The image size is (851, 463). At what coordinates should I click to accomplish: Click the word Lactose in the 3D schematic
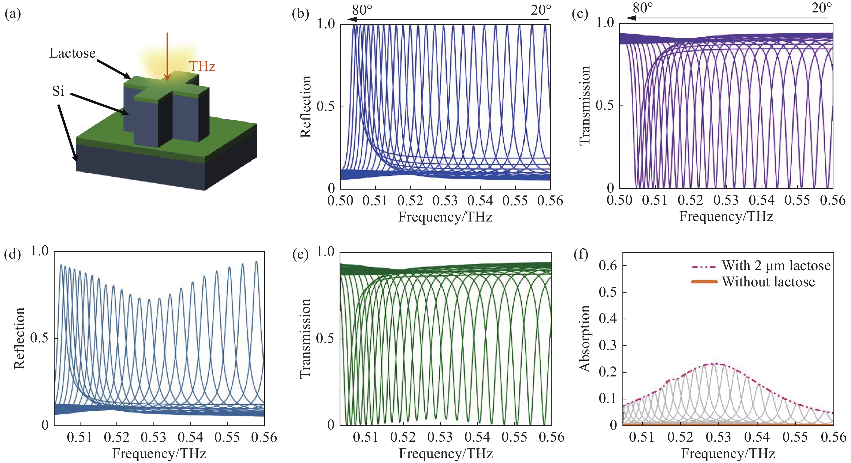click(x=72, y=53)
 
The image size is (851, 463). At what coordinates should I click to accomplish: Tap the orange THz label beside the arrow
click(x=202, y=67)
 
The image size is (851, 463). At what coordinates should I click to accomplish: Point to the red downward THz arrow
click(x=167, y=56)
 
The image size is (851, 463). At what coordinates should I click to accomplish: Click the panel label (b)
click(x=300, y=14)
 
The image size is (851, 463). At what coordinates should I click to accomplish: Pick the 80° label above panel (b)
click(x=362, y=10)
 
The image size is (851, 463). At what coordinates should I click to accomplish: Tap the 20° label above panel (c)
click(x=822, y=8)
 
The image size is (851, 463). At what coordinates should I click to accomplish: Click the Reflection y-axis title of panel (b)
click(x=306, y=107)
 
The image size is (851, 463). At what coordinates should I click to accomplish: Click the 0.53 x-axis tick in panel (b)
click(x=445, y=201)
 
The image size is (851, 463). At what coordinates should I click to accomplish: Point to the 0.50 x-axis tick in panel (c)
click(x=619, y=200)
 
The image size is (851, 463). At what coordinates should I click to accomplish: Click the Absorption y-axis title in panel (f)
click(x=585, y=339)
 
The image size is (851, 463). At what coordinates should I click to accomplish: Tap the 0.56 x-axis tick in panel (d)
click(x=264, y=437)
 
